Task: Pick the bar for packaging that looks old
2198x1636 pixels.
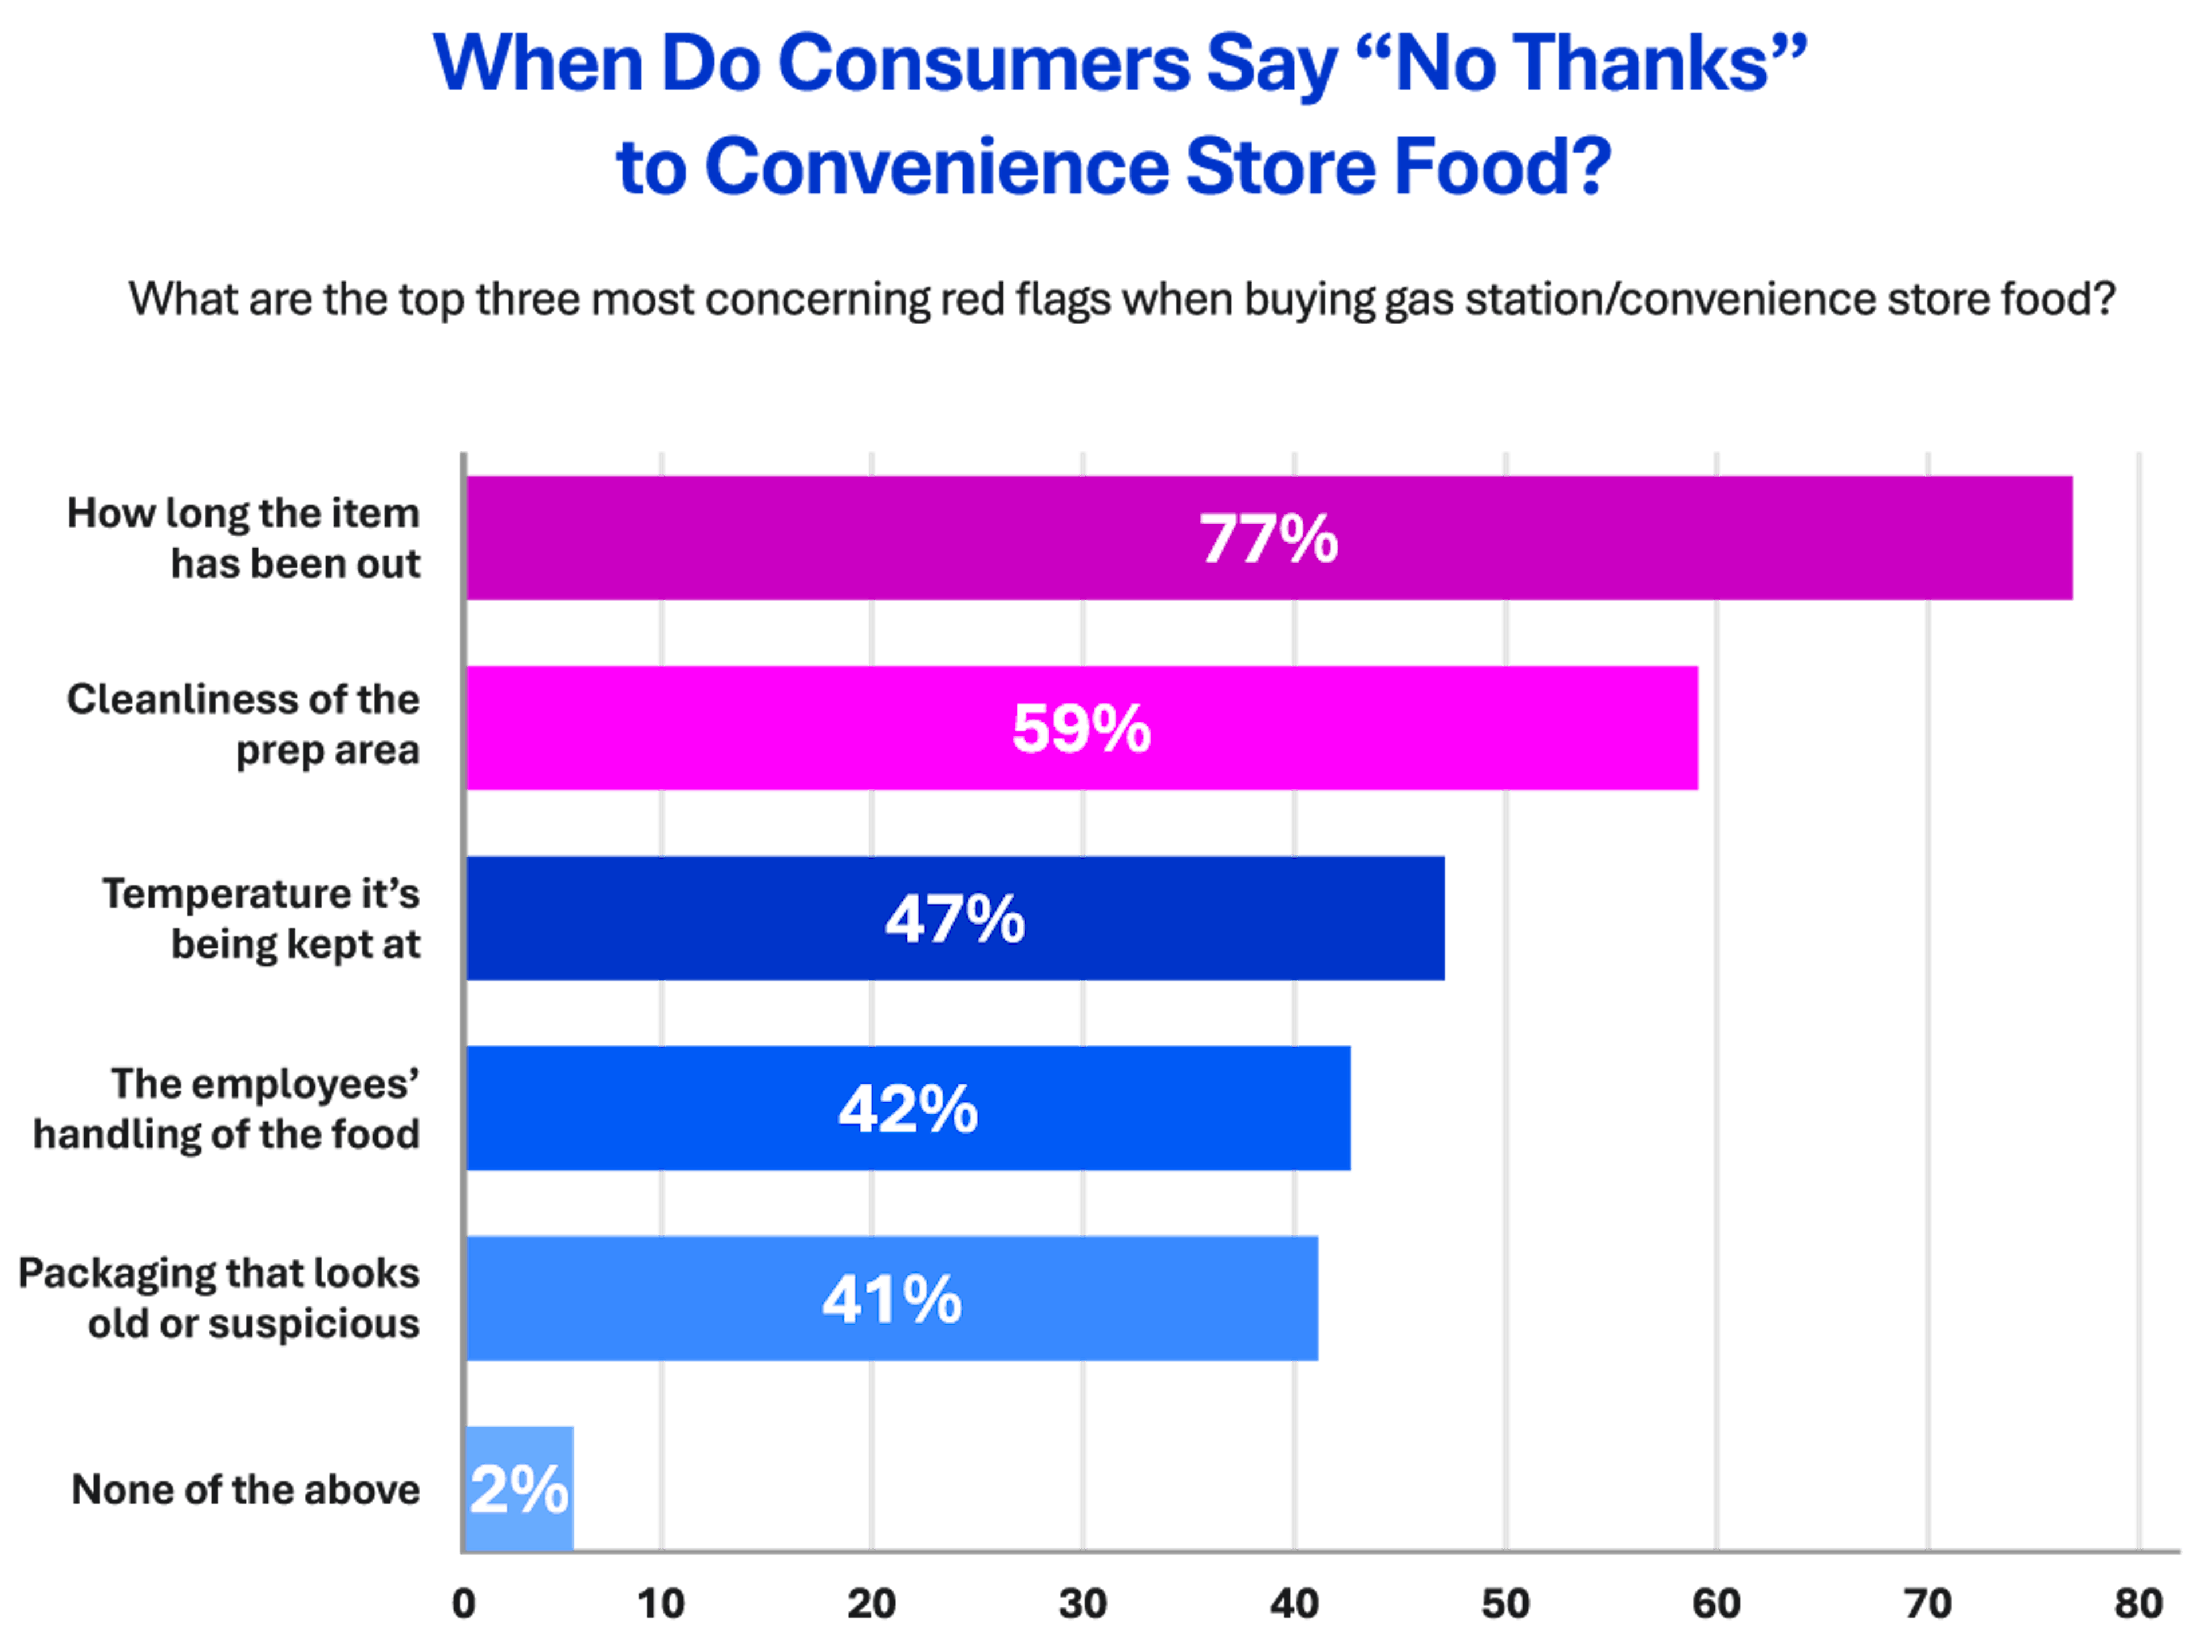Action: click(x=1139, y=1298)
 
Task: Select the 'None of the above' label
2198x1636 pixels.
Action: click(x=246, y=1490)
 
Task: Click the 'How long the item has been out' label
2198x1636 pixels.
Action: click(x=244, y=538)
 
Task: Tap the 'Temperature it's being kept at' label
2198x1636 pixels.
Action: click(x=262, y=919)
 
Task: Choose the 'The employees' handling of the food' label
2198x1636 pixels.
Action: click(x=227, y=1109)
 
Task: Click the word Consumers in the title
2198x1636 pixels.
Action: click(x=983, y=64)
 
